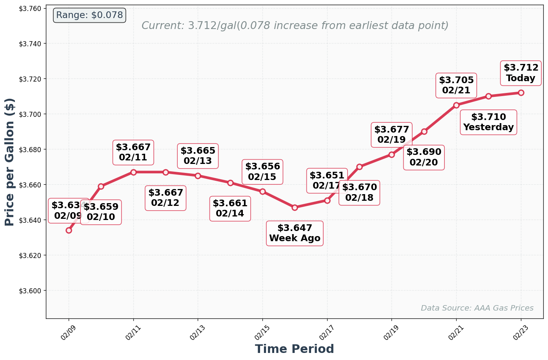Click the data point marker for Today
click(521, 93)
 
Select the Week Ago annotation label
click(295, 233)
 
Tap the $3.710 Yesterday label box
click(488, 122)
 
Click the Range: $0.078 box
click(89, 15)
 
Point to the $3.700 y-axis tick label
click(31, 114)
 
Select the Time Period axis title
click(294, 349)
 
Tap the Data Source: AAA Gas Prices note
click(477, 308)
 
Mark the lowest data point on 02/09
click(69, 230)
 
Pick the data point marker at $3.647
click(295, 207)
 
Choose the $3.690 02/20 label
click(424, 157)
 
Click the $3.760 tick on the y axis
click(31, 8)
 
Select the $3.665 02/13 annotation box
click(198, 156)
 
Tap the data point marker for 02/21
click(456, 105)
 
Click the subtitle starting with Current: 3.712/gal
click(295, 26)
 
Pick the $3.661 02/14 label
click(230, 209)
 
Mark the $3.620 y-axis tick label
click(31, 255)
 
